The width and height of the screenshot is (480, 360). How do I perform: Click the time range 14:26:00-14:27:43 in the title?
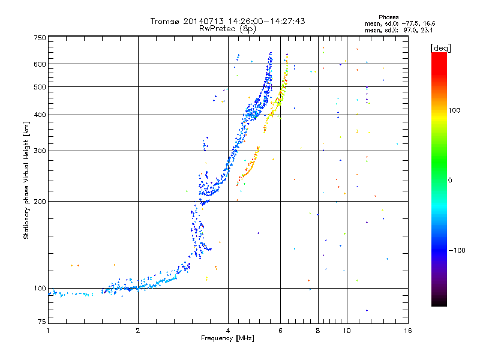click(x=266, y=21)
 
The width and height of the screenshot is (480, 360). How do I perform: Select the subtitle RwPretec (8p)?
click(x=227, y=29)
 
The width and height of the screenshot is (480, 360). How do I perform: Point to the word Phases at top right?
click(x=388, y=17)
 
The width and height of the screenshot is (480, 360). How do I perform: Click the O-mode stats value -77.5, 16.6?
click(x=418, y=23)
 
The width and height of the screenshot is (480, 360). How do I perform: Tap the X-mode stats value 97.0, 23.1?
click(x=418, y=30)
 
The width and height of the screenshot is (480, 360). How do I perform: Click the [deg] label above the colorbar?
click(x=440, y=48)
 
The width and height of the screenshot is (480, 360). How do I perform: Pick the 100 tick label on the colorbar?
click(x=454, y=110)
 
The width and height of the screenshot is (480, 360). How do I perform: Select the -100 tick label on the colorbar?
click(x=457, y=250)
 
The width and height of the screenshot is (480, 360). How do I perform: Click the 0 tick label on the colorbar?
click(x=450, y=181)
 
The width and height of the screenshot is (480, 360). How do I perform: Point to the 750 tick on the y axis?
click(x=40, y=38)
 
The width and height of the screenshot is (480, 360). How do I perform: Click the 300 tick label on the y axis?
click(x=40, y=151)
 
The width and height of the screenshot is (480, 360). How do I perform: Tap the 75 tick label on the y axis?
click(x=42, y=322)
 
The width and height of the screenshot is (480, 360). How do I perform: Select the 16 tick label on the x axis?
click(x=408, y=331)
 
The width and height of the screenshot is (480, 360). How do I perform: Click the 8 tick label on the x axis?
click(x=318, y=331)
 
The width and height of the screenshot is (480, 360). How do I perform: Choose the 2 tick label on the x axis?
click(x=138, y=331)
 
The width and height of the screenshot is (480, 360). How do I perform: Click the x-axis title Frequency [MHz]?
click(x=227, y=338)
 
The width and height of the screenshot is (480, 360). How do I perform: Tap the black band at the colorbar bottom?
click(x=439, y=302)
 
